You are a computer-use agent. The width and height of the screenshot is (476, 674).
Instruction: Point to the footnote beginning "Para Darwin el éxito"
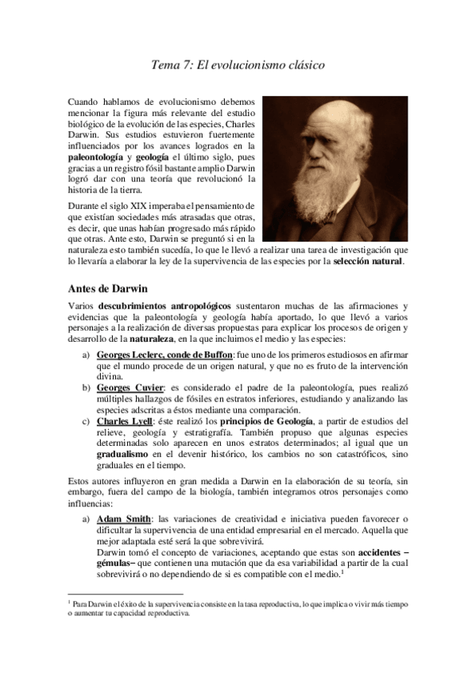point(238,608)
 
